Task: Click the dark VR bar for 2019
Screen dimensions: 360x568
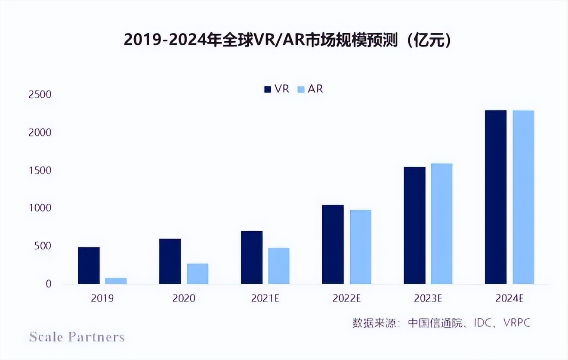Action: pyautogui.click(x=89, y=265)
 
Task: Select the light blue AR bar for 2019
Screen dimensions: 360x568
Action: pyautogui.click(x=116, y=281)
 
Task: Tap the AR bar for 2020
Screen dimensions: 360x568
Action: pyautogui.click(x=198, y=273)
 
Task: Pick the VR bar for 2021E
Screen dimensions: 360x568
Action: pyautogui.click(x=252, y=257)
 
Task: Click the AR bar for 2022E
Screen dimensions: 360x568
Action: pyautogui.click(x=361, y=247)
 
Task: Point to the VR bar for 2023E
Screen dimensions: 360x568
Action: pyautogui.click(x=415, y=225)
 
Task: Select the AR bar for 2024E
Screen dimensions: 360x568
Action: pyautogui.click(x=523, y=197)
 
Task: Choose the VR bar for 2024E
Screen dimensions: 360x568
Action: pyautogui.click(x=496, y=197)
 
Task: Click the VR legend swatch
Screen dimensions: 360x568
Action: pyautogui.click(x=268, y=89)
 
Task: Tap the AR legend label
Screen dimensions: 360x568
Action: pyautogui.click(x=315, y=89)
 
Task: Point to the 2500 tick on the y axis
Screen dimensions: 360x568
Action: pyautogui.click(x=40, y=94)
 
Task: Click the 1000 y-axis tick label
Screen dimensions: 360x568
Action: pyautogui.click(x=40, y=208)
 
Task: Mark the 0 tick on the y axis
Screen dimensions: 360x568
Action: pyautogui.click(x=48, y=284)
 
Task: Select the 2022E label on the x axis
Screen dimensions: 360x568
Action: pyautogui.click(x=347, y=298)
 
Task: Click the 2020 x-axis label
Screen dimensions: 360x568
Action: pyautogui.click(x=184, y=298)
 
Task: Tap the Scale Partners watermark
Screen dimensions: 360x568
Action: pyautogui.click(x=77, y=336)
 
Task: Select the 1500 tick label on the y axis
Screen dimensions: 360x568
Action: pyautogui.click(x=40, y=171)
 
